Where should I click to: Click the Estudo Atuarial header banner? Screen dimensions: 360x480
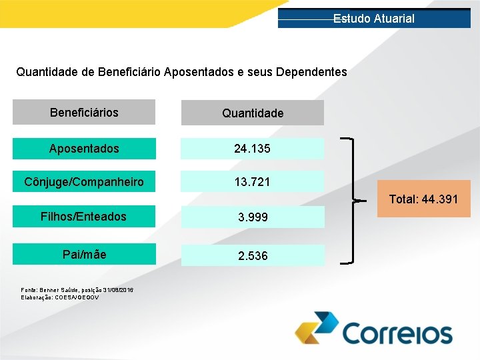(373, 19)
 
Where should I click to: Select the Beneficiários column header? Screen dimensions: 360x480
(84, 112)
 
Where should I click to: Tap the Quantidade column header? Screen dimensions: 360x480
(253, 113)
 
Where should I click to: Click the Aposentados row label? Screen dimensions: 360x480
(84, 148)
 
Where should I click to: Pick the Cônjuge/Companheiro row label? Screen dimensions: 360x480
(84, 181)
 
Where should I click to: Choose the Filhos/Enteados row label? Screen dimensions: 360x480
(84, 216)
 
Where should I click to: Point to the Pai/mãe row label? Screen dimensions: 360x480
(84, 254)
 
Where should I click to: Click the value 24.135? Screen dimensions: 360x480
(253, 148)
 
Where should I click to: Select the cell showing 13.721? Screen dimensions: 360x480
(253, 181)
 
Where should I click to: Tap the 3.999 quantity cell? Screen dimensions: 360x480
(253, 217)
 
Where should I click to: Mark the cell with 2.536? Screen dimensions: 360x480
(253, 255)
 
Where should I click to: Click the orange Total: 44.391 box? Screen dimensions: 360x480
(423, 199)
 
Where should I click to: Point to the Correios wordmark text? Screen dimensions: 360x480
(397, 333)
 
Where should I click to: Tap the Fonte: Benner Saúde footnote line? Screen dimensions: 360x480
(77, 290)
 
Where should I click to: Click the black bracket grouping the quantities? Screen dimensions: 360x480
(352, 200)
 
